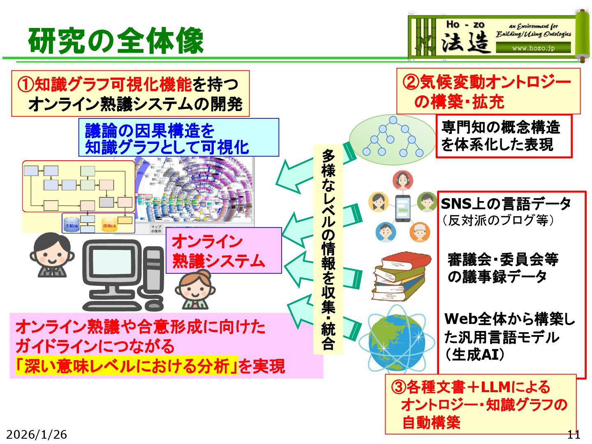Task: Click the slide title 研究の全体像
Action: coord(116,41)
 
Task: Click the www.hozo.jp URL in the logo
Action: coord(533,48)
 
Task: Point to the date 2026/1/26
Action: coord(37,434)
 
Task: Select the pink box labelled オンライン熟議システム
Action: coord(223,250)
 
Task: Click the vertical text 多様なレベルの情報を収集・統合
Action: coord(328,249)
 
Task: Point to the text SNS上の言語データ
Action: coord(506,203)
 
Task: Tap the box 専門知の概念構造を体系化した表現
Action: coord(504,136)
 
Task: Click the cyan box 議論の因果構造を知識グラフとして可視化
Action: coord(178,138)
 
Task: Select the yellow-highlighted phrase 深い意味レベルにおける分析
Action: coord(127,365)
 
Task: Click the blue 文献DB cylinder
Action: coord(71,224)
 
